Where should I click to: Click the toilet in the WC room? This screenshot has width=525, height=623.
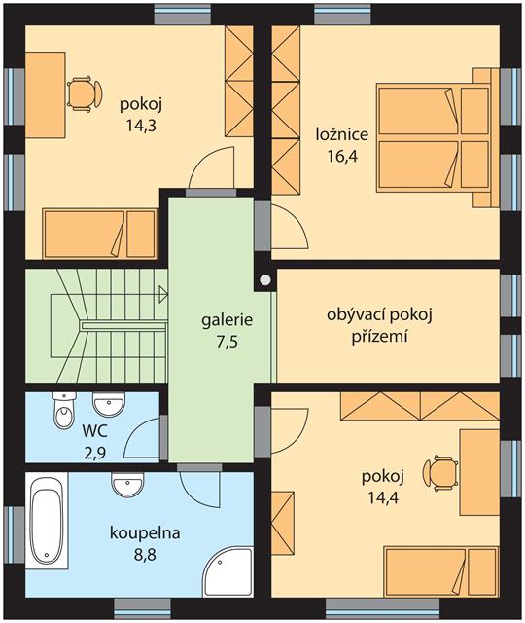pyautogui.click(x=63, y=411)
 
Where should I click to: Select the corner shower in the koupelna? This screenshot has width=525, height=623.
pyautogui.click(x=228, y=571)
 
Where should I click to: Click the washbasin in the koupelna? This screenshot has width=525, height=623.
pyautogui.click(x=127, y=485)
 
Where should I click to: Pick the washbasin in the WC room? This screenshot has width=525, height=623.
pyautogui.click(x=109, y=404)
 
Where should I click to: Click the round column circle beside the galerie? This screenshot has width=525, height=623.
pyautogui.click(x=265, y=280)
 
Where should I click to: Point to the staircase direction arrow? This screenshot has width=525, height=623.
pyautogui.click(x=163, y=295)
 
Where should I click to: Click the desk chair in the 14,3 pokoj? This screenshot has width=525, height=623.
pyautogui.click(x=85, y=94)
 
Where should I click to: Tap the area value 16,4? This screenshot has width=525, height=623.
pyautogui.click(x=342, y=156)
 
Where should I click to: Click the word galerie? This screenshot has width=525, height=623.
pyautogui.click(x=227, y=320)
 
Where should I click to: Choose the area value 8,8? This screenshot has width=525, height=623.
pyautogui.click(x=145, y=554)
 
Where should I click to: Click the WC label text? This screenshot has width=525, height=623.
pyautogui.click(x=94, y=431)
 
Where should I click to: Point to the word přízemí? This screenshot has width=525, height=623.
pyautogui.click(x=380, y=337)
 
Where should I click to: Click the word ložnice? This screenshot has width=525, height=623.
pyautogui.click(x=342, y=134)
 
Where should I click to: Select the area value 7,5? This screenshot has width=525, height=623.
pyautogui.click(x=227, y=342)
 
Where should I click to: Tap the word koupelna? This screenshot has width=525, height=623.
pyautogui.click(x=145, y=533)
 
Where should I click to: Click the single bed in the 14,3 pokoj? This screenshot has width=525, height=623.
pyautogui.click(x=99, y=234)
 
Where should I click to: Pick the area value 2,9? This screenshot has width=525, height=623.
pyautogui.click(x=94, y=453)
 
